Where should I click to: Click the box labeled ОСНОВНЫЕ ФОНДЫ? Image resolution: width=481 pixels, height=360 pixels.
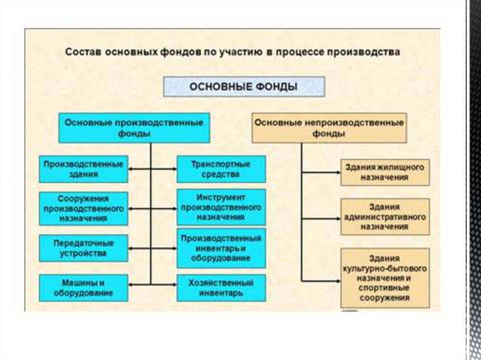[x=244, y=87]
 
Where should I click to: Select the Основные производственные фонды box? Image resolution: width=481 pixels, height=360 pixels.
[x=134, y=128]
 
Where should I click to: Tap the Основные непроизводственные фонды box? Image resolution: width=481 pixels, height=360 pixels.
[x=329, y=128]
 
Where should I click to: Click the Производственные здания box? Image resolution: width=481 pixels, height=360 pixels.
[x=84, y=169]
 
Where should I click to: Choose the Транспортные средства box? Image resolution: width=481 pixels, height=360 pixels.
[x=221, y=169]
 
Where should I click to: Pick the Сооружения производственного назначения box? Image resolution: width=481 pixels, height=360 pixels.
[x=84, y=207]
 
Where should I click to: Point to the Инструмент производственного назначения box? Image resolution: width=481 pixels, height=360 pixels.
[x=221, y=207]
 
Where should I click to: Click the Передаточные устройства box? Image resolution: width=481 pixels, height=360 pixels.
[x=84, y=248]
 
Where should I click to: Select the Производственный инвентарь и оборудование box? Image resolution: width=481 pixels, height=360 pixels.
[x=221, y=248]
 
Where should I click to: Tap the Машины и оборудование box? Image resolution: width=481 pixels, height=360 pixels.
[x=84, y=288]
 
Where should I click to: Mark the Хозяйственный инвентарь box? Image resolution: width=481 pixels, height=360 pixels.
[x=221, y=288]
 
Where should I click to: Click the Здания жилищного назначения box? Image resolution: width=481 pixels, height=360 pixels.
[x=385, y=172]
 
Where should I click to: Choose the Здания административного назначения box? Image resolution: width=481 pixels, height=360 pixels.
[x=385, y=216]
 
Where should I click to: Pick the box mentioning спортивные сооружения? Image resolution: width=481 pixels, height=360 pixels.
[x=385, y=278]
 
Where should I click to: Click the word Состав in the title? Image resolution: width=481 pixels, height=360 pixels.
[x=80, y=52]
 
